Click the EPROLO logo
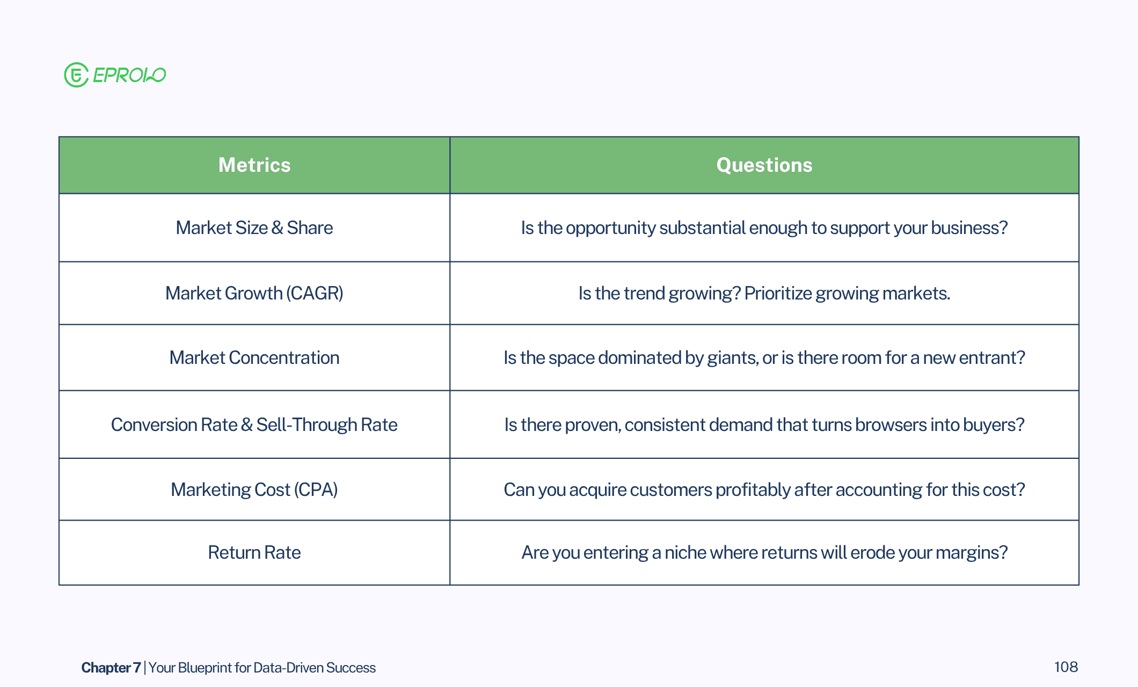pyautogui.click(x=115, y=75)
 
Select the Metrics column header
pyautogui.click(x=254, y=165)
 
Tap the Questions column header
pyautogui.click(x=764, y=165)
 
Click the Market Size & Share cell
pyautogui.click(x=254, y=228)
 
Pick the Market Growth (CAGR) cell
pyautogui.click(x=254, y=293)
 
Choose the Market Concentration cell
pyautogui.click(x=254, y=357)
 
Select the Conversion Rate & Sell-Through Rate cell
pyautogui.click(x=254, y=425)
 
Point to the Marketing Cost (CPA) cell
pyautogui.click(x=254, y=489)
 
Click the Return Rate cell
pyautogui.click(x=254, y=552)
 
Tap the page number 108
pyautogui.click(x=1066, y=667)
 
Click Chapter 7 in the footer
pyautogui.click(x=111, y=667)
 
